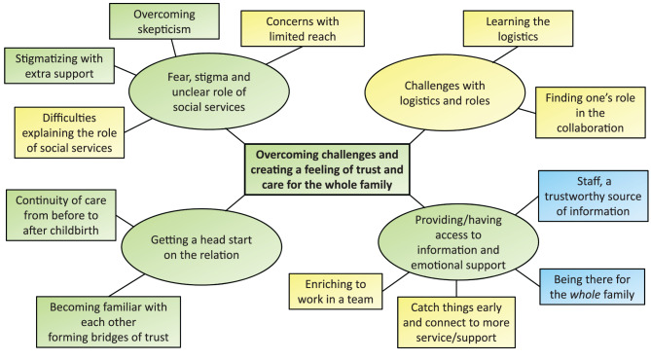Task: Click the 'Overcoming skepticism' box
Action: click(164, 21)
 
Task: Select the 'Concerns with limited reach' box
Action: click(303, 28)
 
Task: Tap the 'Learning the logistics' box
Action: click(518, 28)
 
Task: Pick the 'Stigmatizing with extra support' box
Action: click(59, 65)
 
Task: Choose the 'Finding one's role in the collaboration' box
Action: click(591, 113)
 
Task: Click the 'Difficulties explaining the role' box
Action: click(69, 132)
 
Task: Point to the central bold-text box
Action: click(327, 169)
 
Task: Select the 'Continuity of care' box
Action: click(61, 215)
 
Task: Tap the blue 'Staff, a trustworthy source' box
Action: click(594, 196)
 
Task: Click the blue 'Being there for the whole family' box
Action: click(593, 287)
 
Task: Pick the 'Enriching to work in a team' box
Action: click(336, 292)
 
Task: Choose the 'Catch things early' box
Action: click(456, 322)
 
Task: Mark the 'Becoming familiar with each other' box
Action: click(108, 322)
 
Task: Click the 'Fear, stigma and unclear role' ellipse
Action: click(209, 91)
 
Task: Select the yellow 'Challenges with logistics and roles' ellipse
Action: click(445, 93)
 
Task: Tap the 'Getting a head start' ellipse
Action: click(201, 247)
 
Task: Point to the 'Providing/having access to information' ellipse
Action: click(458, 242)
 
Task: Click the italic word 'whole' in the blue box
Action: click(585, 295)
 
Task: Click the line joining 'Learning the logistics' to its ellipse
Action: click(505, 54)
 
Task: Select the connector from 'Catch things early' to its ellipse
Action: click(456, 289)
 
